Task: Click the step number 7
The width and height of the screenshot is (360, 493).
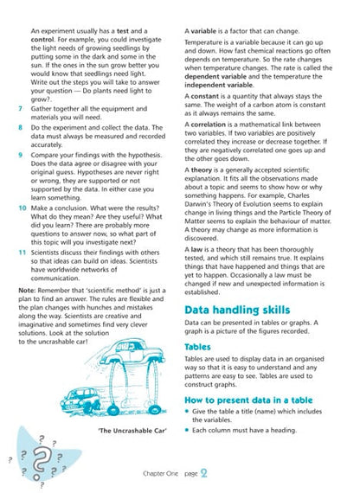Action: (x=21, y=112)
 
